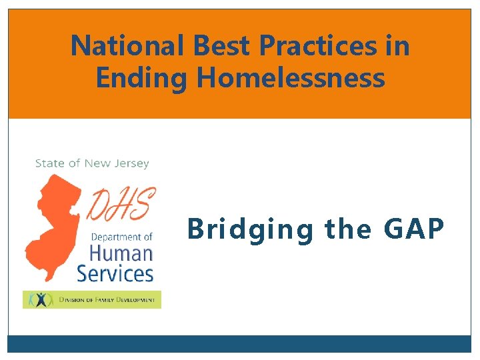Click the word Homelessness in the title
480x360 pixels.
[291, 78]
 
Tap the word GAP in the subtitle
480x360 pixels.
[414, 229]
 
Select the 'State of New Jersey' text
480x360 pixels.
[92, 163]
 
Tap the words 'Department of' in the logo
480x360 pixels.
[121, 237]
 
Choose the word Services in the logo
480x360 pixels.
[115, 273]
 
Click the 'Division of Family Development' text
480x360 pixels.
[107, 300]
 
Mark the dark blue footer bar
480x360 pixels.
[239, 343]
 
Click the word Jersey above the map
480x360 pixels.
[131, 164]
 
